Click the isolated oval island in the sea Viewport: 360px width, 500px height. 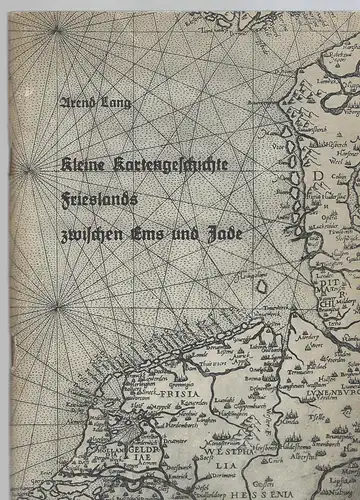coord(263,287)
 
